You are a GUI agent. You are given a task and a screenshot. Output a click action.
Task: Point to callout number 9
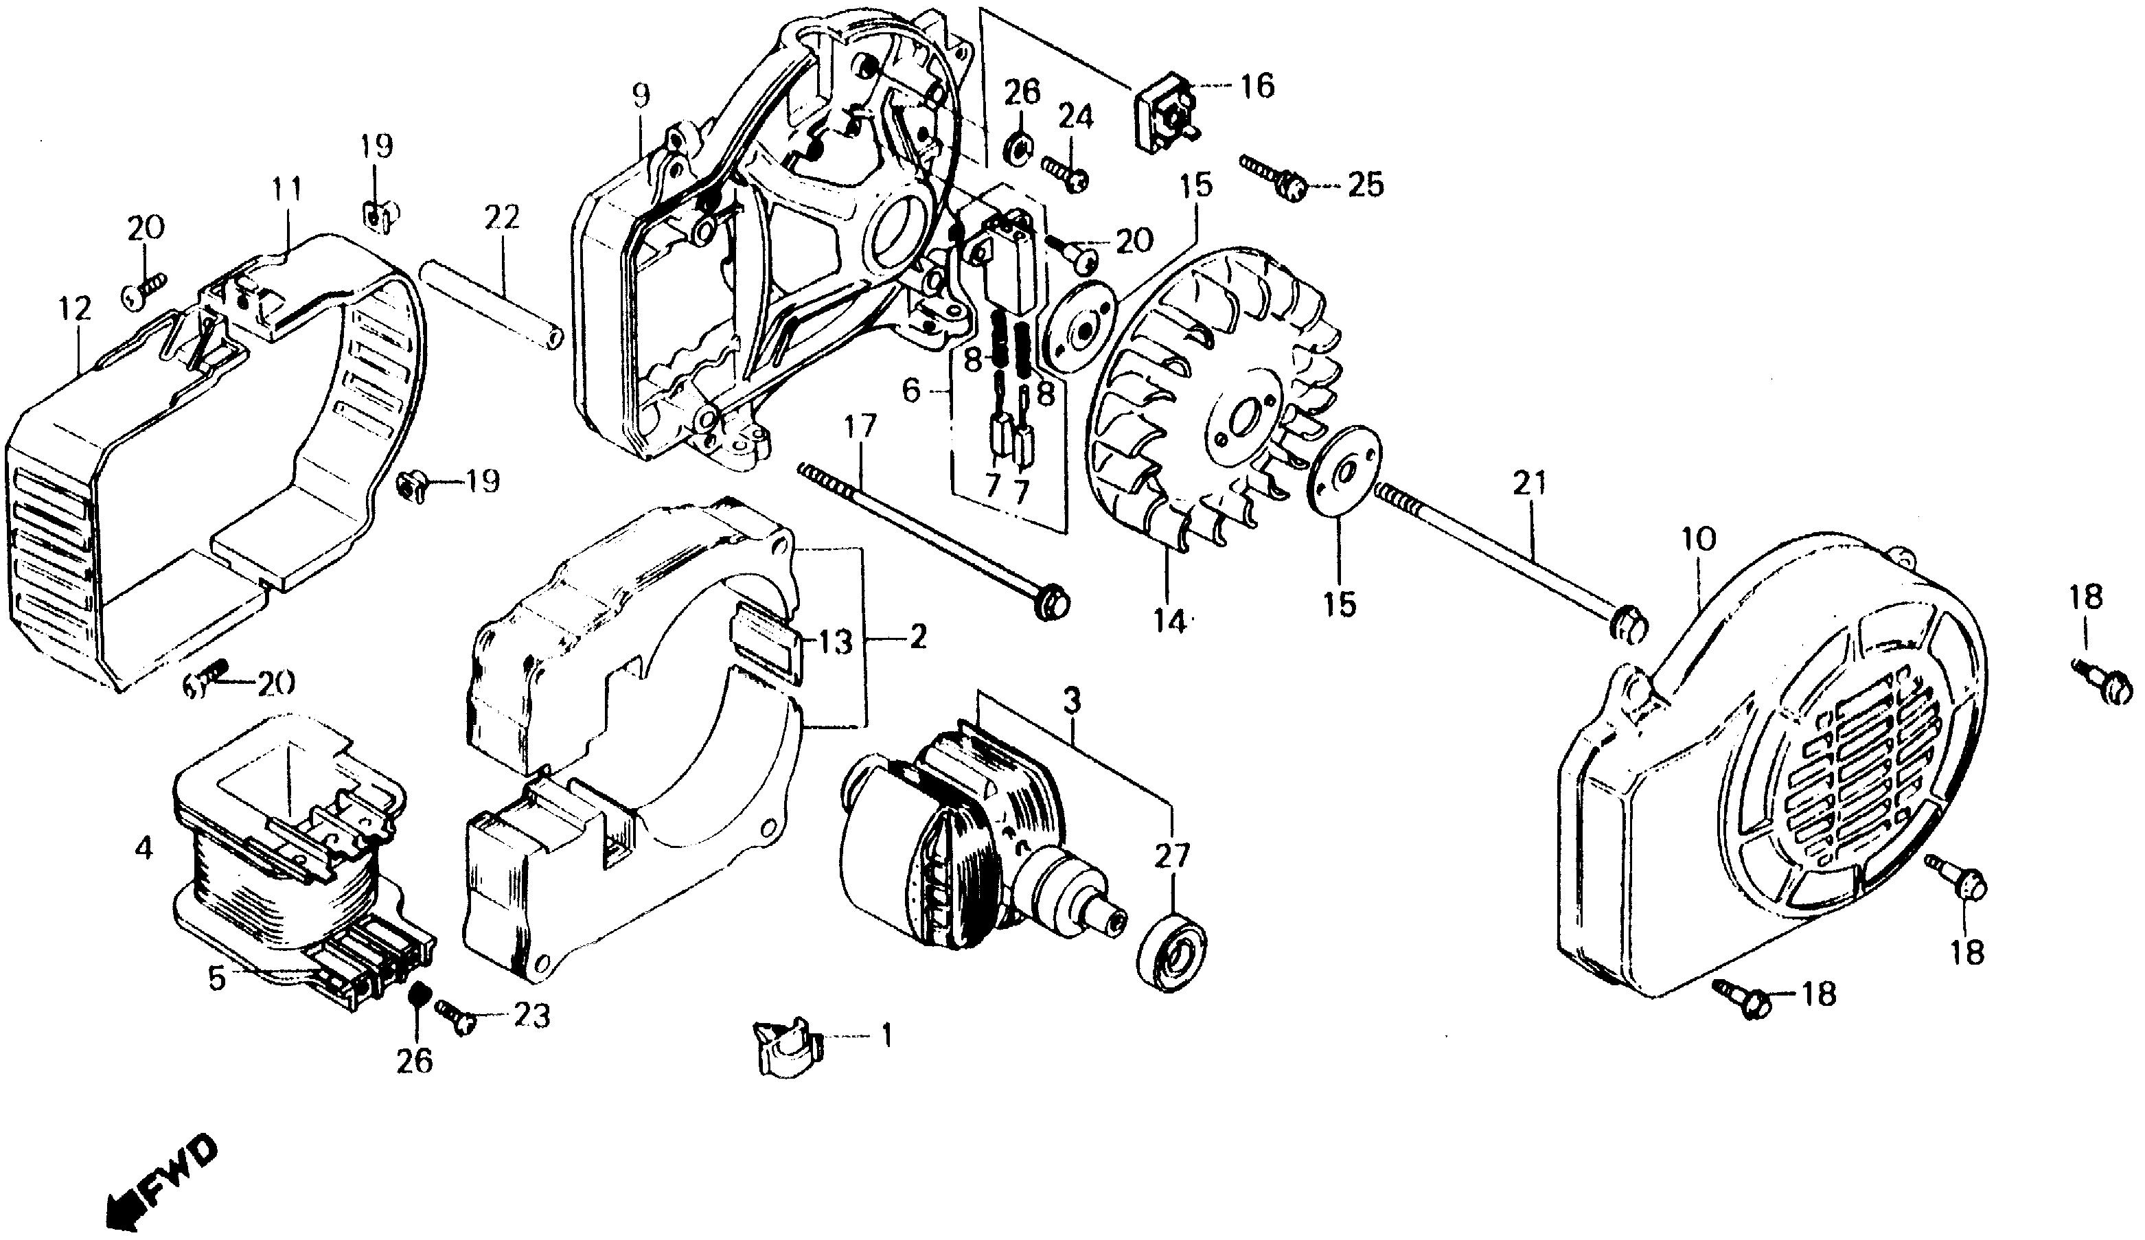coord(640,95)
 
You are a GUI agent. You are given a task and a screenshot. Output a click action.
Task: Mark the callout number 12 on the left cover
coord(74,309)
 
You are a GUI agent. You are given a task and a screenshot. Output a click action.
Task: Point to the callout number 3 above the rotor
coord(1072,703)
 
